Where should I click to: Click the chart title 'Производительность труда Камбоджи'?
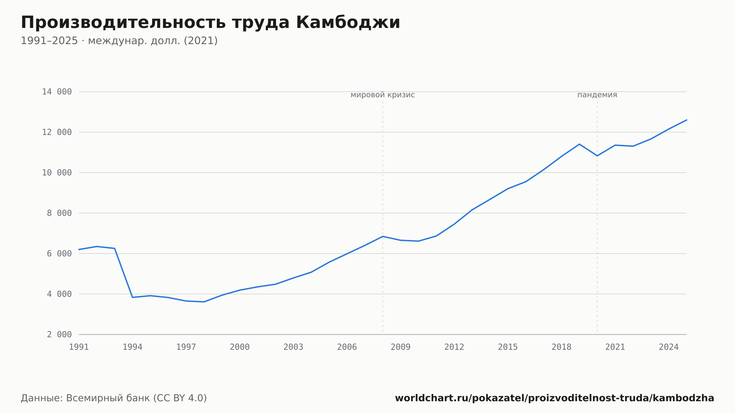click(210, 22)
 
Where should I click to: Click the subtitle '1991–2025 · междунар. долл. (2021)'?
click(119, 41)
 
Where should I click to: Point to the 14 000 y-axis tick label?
click(57, 92)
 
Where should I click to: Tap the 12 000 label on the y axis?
click(57, 132)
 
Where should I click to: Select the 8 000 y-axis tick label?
click(60, 213)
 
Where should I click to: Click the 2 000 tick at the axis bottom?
click(60, 334)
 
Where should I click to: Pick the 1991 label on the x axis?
click(79, 347)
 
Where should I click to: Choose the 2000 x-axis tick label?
click(240, 347)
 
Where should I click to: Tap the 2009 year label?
click(401, 347)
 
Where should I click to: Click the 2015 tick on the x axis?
click(508, 347)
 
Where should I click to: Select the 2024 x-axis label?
click(669, 347)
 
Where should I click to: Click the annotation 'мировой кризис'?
click(383, 95)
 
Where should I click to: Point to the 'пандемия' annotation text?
click(597, 95)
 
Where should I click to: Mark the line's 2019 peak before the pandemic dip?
click(579, 144)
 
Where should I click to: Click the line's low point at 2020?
click(597, 156)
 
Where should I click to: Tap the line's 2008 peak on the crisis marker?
click(383, 236)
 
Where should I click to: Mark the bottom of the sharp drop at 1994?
click(132, 297)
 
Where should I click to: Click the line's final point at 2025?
click(686, 120)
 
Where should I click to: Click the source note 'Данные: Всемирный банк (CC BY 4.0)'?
click(114, 398)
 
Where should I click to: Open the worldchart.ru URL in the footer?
click(555, 398)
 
